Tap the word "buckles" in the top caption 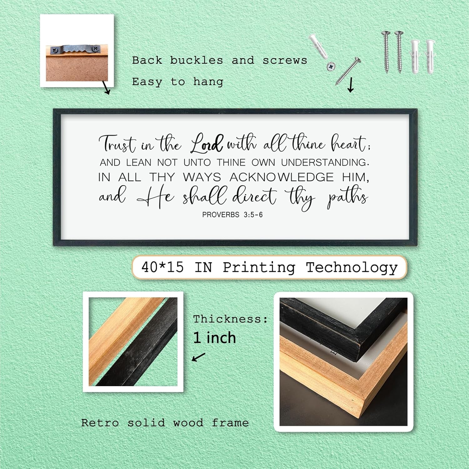click(x=196, y=60)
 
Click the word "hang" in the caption click(x=208, y=82)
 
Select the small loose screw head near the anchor click(x=331, y=66)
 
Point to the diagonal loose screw click(x=348, y=71)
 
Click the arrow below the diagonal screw click(x=351, y=85)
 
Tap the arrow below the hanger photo click(x=106, y=88)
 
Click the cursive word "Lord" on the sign click(x=207, y=144)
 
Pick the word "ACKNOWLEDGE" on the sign click(x=282, y=177)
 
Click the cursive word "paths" click(x=347, y=197)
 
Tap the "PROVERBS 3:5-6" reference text click(x=232, y=215)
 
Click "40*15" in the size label click(x=162, y=267)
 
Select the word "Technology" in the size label click(x=351, y=268)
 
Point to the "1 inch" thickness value click(x=214, y=338)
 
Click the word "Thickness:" click(x=230, y=319)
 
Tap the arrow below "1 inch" click(x=198, y=357)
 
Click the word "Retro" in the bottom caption click(x=100, y=423)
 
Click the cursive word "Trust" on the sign click(x=117, y=144)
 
